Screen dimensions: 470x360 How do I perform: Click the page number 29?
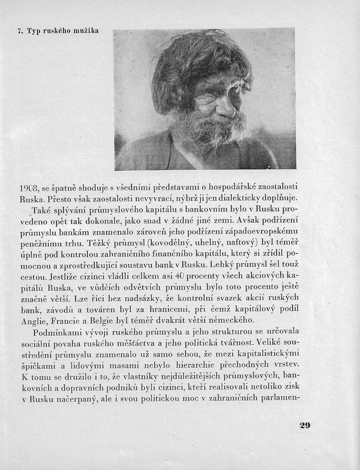point(305,425)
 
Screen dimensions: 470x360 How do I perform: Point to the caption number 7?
point(18,31)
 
